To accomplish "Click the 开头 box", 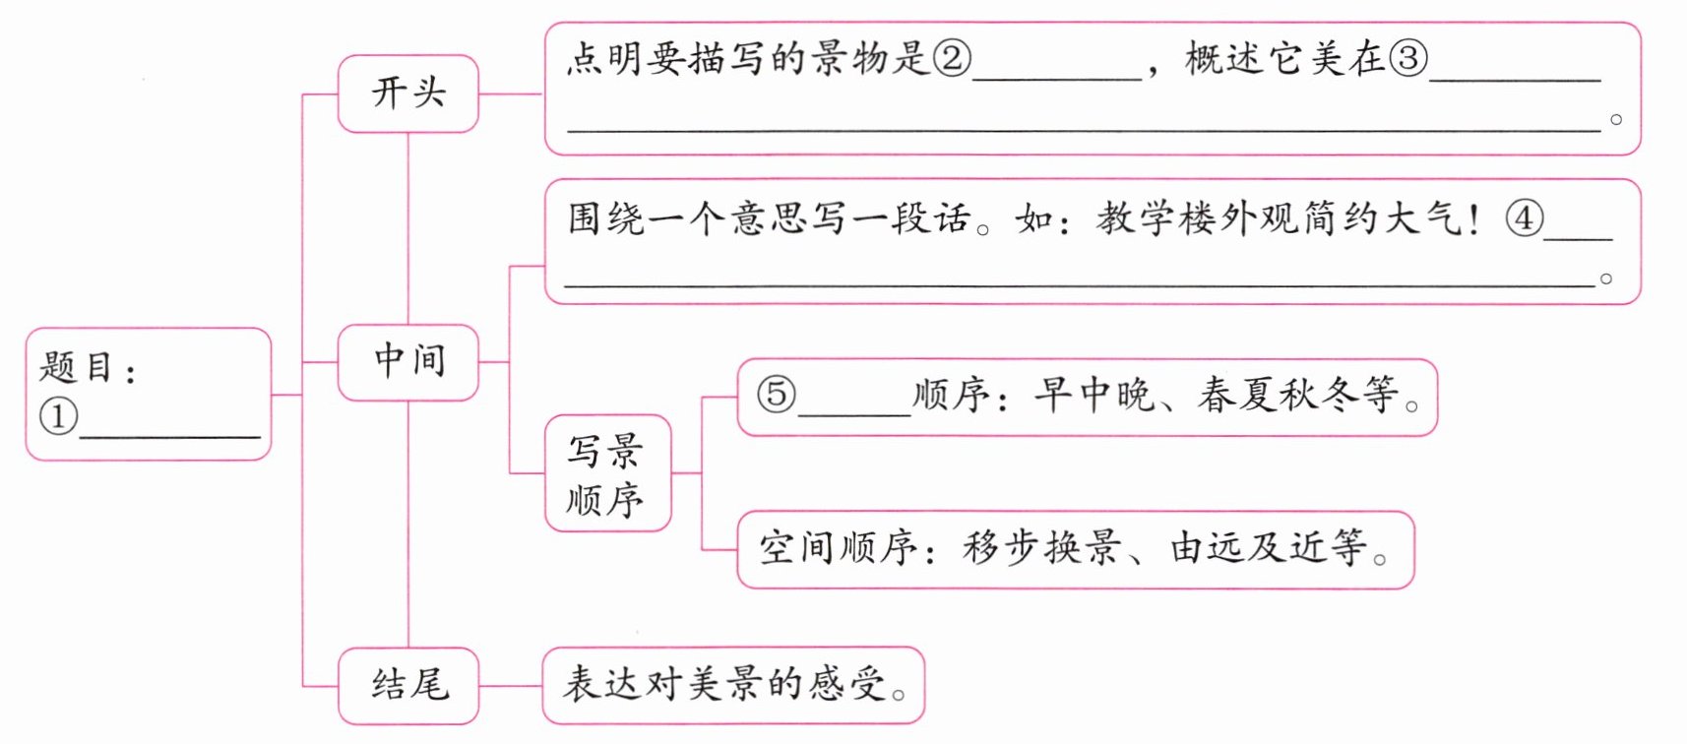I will tap(408, 93).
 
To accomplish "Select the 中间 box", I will tap(408, 361).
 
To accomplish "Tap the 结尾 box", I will tap(408, 685).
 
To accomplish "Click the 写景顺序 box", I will tap(607, 473).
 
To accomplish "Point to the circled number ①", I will tap(58, 416).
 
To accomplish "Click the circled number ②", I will tap(952, 59).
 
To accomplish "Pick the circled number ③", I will tap(1407, 59).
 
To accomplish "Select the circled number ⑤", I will tap(776, 395).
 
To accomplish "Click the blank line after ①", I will tap(169, 433).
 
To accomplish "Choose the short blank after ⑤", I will tap(854, 411).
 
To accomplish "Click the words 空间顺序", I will tap(837, 548).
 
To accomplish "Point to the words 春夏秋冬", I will tap(1278, 395).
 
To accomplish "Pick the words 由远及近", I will tap(1248, 548).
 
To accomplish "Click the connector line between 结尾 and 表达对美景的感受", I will tap(510, 685).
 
